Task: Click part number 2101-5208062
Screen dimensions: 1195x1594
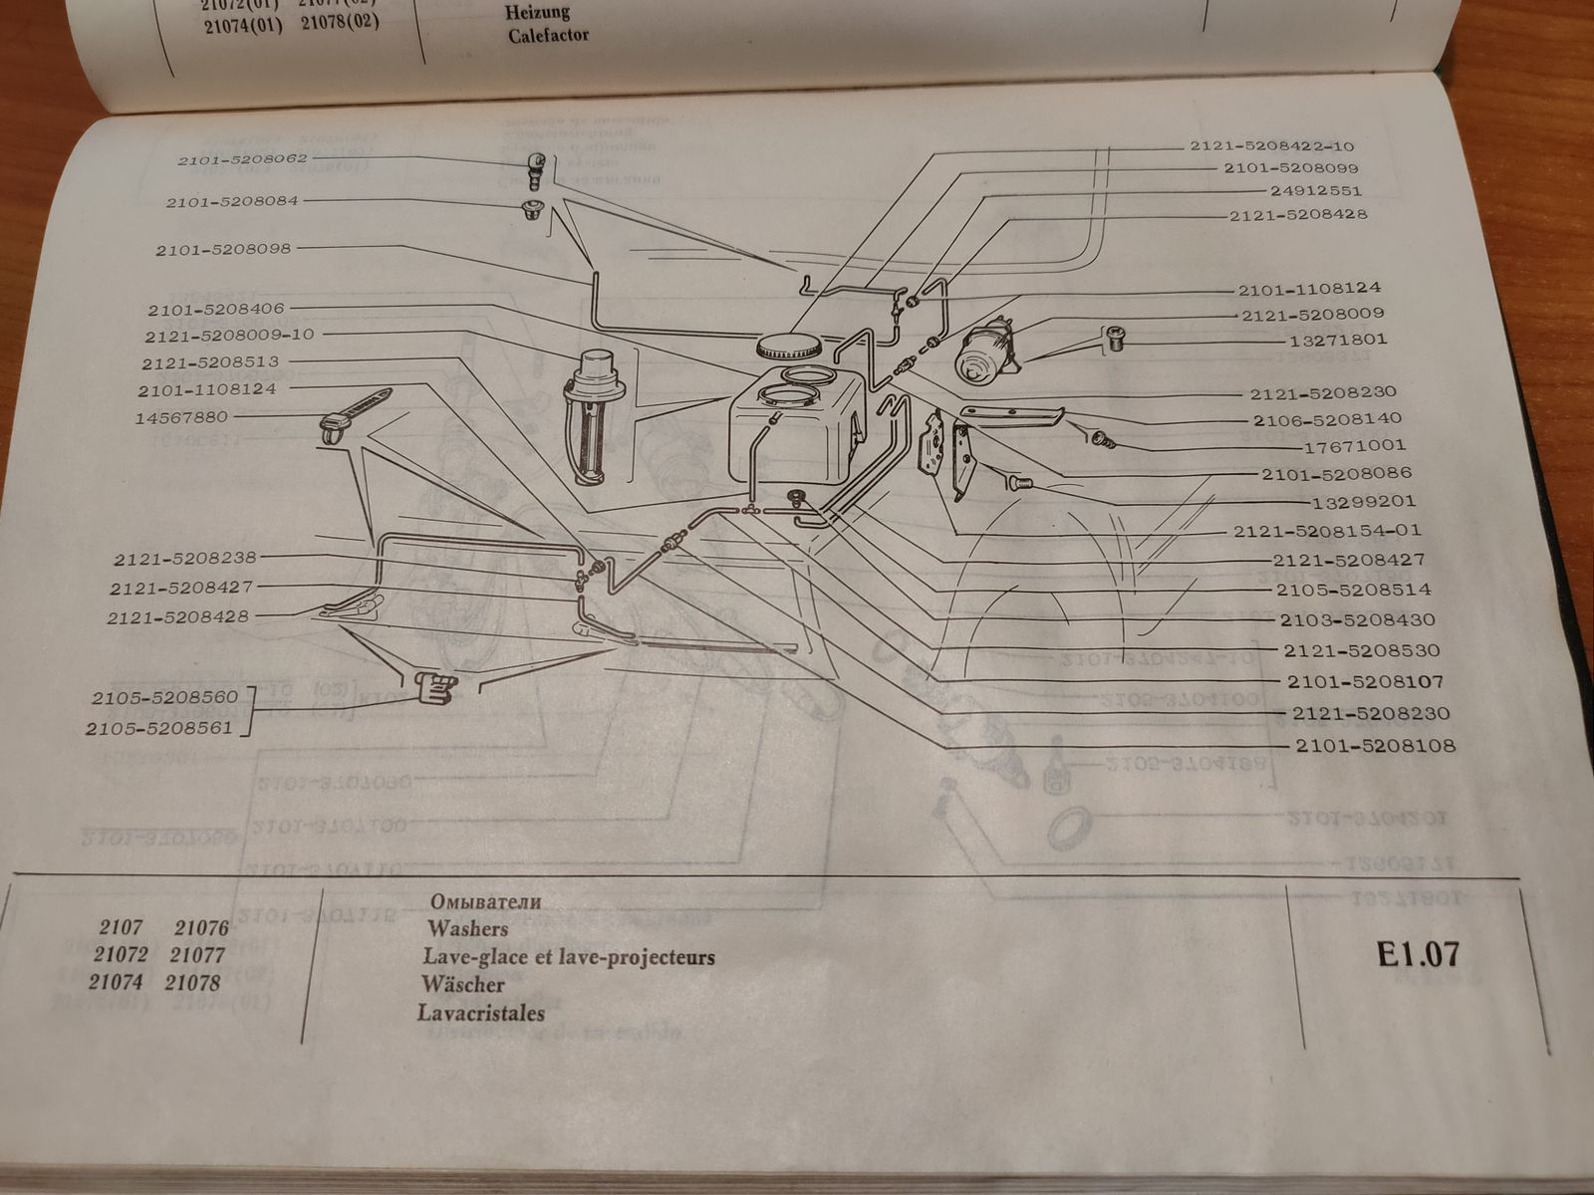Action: [243, 159]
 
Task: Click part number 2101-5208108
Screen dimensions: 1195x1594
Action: [1375, 746]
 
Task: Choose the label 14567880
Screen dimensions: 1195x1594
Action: [181, 418]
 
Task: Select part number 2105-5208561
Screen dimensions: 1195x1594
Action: [159, 728]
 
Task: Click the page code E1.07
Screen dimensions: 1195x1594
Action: [1418, 954]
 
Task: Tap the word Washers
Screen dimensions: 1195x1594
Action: [467, 929]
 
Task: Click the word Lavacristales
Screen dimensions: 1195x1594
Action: [481, 1014]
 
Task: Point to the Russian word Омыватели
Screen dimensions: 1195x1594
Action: [485, 901]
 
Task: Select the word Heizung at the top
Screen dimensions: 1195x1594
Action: [537, 12]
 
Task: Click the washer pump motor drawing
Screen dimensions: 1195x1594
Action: [986, 352]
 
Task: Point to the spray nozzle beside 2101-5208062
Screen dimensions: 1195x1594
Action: [536, 169]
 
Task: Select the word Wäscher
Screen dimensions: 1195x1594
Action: [462, 985]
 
